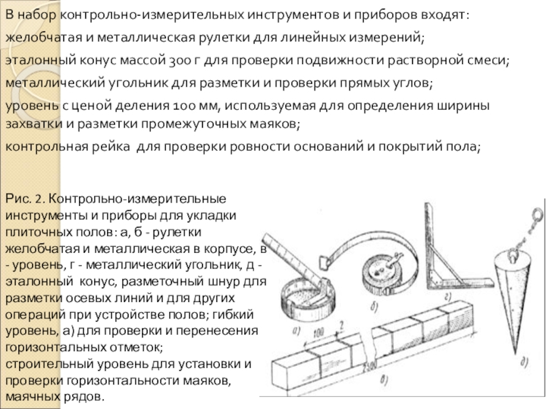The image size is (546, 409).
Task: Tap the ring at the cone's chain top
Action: (536, 217)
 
